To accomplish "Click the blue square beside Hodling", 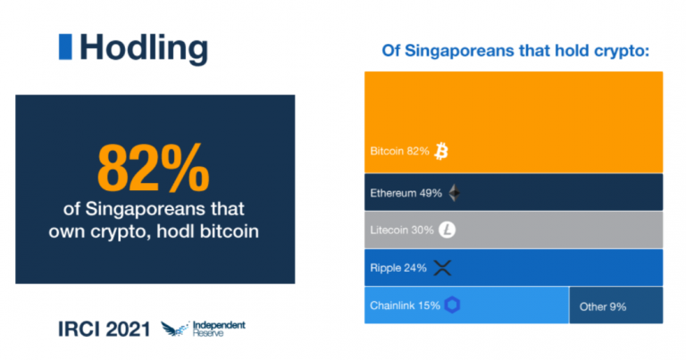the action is point(65,46).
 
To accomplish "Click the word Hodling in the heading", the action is point(144,48).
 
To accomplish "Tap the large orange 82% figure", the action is point(153,169).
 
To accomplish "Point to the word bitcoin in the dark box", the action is point(230,231).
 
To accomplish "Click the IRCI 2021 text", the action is point(105,330).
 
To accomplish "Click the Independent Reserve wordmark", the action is point(219,329).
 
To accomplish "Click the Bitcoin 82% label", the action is point(399,151).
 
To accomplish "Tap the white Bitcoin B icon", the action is point(441,151).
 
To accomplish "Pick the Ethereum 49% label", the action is point(406,193).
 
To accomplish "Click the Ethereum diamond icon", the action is point(455,193).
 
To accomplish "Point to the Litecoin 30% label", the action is point(402,230).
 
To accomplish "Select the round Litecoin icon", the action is point(448,230).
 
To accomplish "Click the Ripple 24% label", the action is point(398,268).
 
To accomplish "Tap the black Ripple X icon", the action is point(442,268).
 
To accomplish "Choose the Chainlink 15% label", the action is point(406,306).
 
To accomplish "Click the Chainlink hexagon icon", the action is point(452,305).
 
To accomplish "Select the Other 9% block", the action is point(616,306).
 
